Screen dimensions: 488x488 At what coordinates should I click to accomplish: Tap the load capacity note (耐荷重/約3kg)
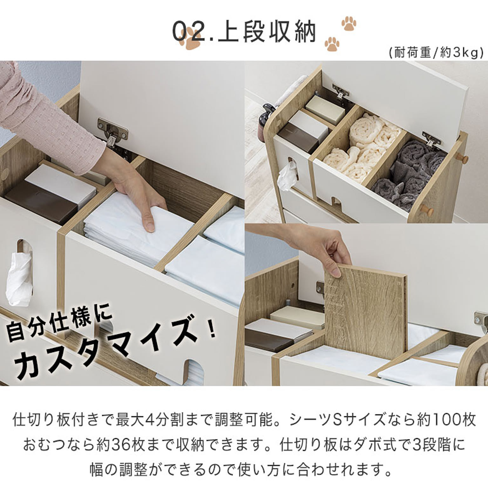click(x=436, y=53)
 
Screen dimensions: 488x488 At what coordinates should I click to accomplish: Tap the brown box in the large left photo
click(x=41, y=200)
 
